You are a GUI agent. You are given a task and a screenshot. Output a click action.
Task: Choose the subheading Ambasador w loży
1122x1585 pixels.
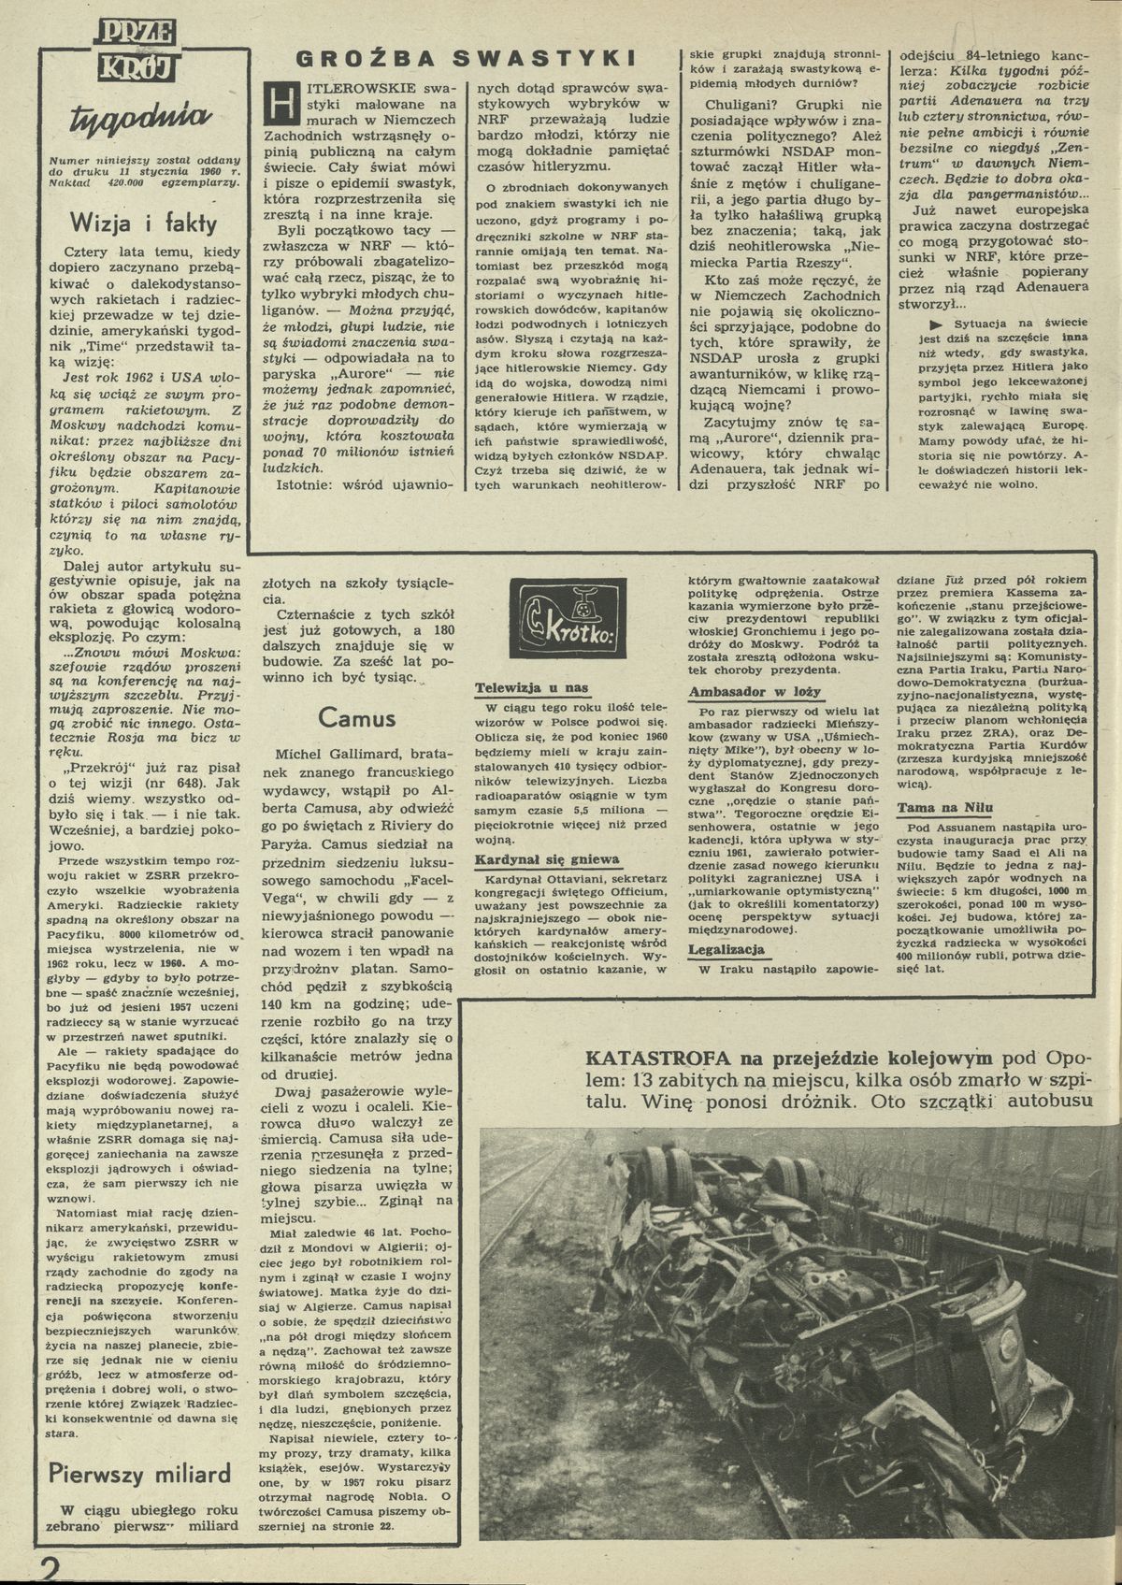(x=754, y=692)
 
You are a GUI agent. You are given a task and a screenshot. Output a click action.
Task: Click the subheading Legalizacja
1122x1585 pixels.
(x=726, y=950)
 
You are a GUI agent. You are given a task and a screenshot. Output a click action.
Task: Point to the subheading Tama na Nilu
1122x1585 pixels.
(x=944, y=808)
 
